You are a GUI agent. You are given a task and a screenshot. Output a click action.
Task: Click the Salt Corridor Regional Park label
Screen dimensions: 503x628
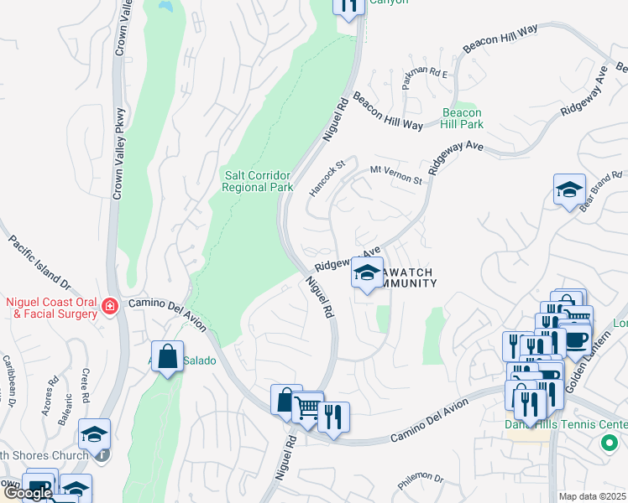(258, 181)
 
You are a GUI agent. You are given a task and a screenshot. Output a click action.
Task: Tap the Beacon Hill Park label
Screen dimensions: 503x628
(463, 118)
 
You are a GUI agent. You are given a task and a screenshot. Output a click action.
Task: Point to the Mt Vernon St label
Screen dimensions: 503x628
(395, 175)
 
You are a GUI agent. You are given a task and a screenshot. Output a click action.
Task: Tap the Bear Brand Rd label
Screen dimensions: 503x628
(600, 192)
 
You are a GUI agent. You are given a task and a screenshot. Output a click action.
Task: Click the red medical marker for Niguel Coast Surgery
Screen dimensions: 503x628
(108, 308)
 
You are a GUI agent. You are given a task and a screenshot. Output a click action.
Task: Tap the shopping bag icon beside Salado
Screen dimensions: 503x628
(168, 357)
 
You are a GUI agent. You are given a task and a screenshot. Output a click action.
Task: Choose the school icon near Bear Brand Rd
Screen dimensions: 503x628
(569, 190)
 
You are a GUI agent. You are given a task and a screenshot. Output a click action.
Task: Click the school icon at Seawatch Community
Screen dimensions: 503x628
(367, 273)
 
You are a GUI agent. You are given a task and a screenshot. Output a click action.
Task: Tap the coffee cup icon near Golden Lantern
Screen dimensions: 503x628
(576, 339)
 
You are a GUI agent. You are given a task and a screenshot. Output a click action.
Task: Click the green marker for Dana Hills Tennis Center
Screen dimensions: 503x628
(609, 443)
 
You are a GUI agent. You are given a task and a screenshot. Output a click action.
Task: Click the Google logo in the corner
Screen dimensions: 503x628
(27, 493)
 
